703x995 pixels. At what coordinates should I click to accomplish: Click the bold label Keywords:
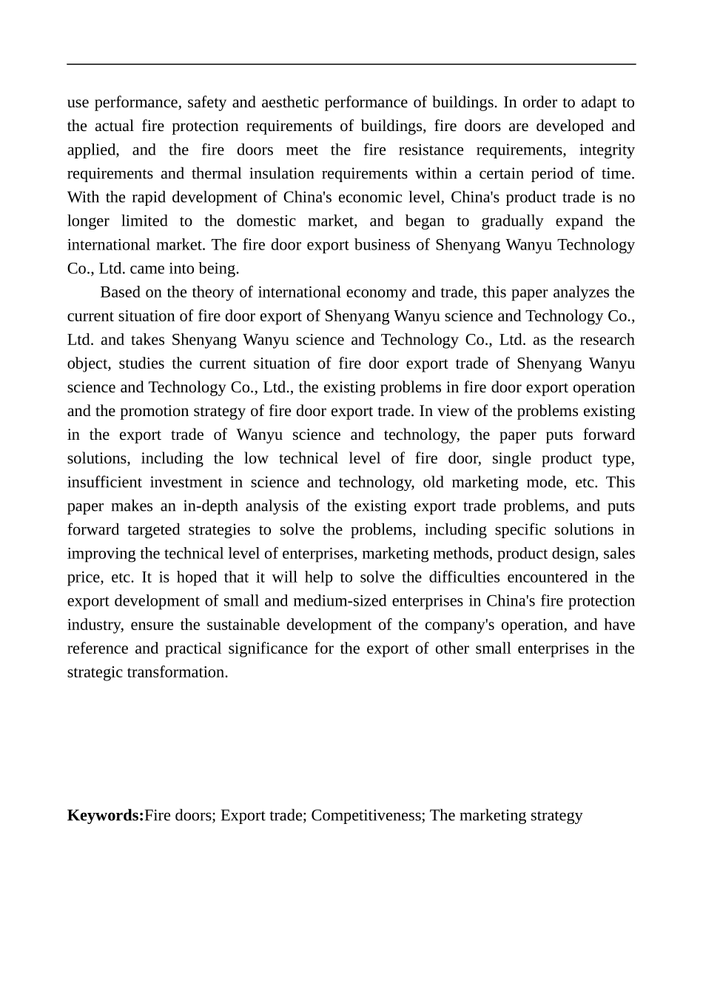[105, 816]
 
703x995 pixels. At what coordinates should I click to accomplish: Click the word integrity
[607, 150]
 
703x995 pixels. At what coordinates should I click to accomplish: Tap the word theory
[215, 292]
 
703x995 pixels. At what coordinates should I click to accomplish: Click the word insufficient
[104, 482]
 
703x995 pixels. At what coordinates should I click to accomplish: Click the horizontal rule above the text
[351, 64]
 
